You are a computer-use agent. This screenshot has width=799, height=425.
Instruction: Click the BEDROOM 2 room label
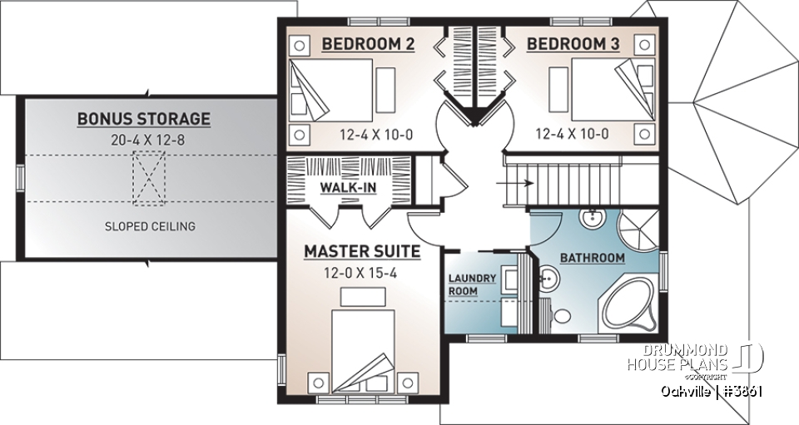(x=368, y=44)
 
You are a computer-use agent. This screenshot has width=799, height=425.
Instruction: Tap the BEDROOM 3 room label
(x=574, y=44)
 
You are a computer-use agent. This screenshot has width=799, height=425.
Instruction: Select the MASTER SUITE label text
(x=361, y=250)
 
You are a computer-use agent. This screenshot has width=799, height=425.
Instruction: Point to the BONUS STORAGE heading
(x=143, y=119)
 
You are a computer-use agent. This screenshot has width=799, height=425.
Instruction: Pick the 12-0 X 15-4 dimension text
(x=361, y=271)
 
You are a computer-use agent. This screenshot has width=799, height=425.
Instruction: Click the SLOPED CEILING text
(x=150, y=226)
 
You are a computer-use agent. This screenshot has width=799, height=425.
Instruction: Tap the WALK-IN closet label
(x=348, y=187)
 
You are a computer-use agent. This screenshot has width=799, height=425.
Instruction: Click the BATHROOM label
(x=592, y=258)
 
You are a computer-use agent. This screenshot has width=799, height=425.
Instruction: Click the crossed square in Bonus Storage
(x=150, y=179)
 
